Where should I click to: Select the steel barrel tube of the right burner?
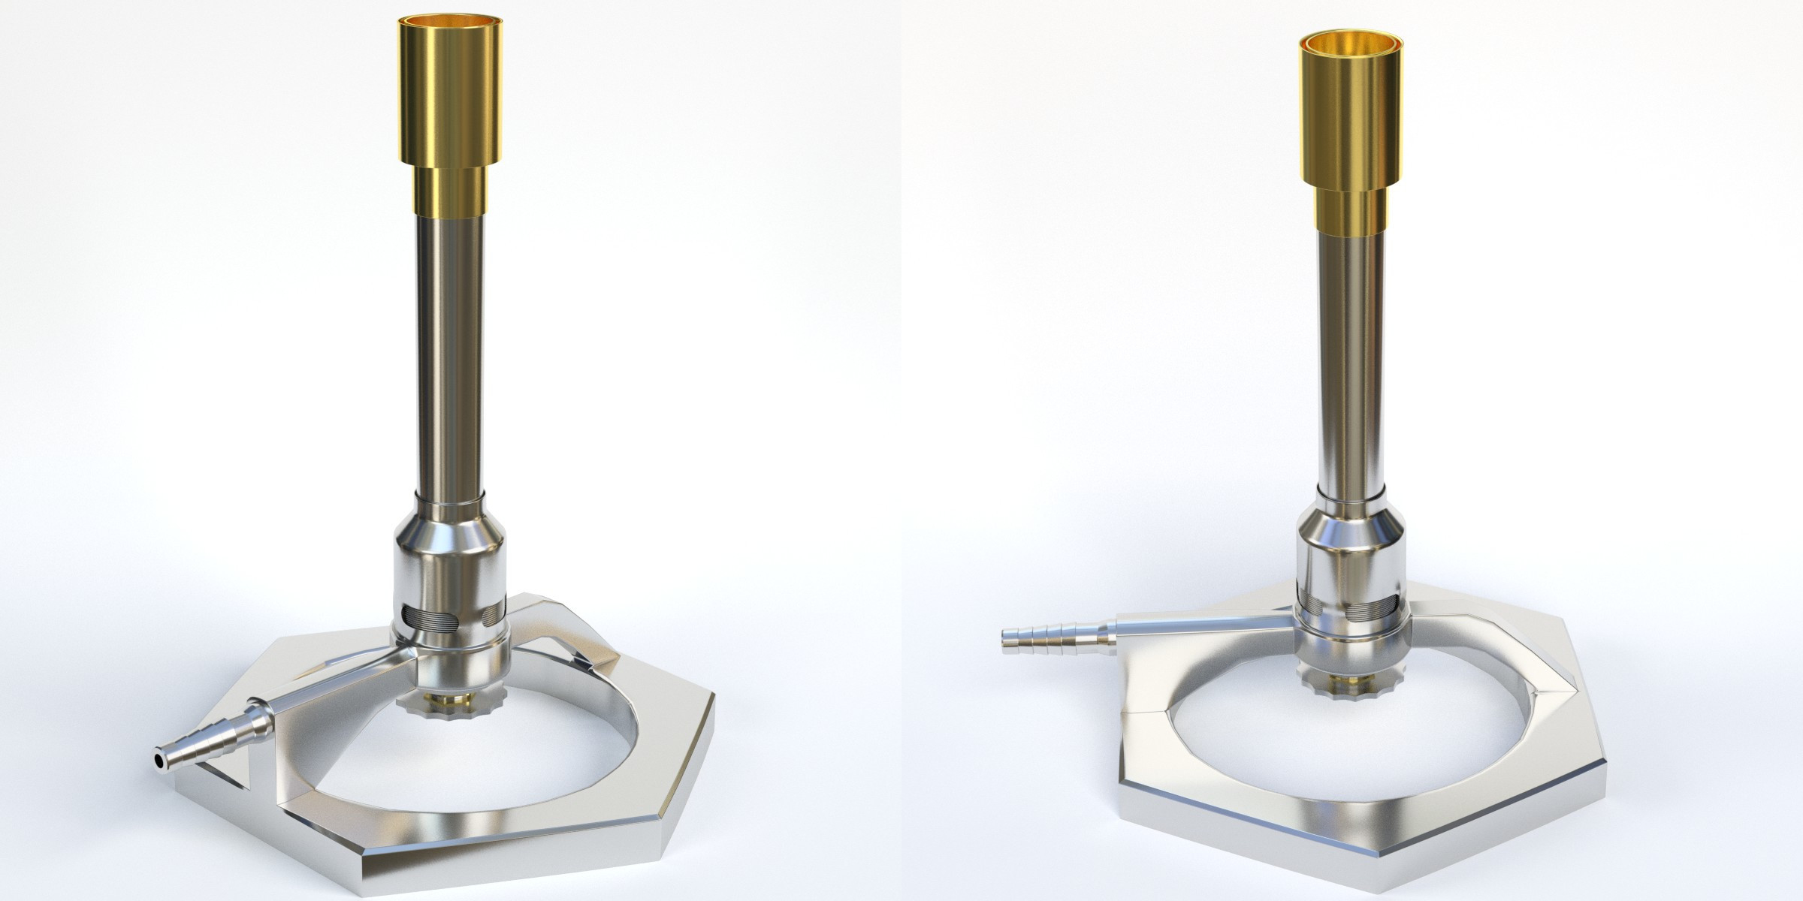coord(1350,360)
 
